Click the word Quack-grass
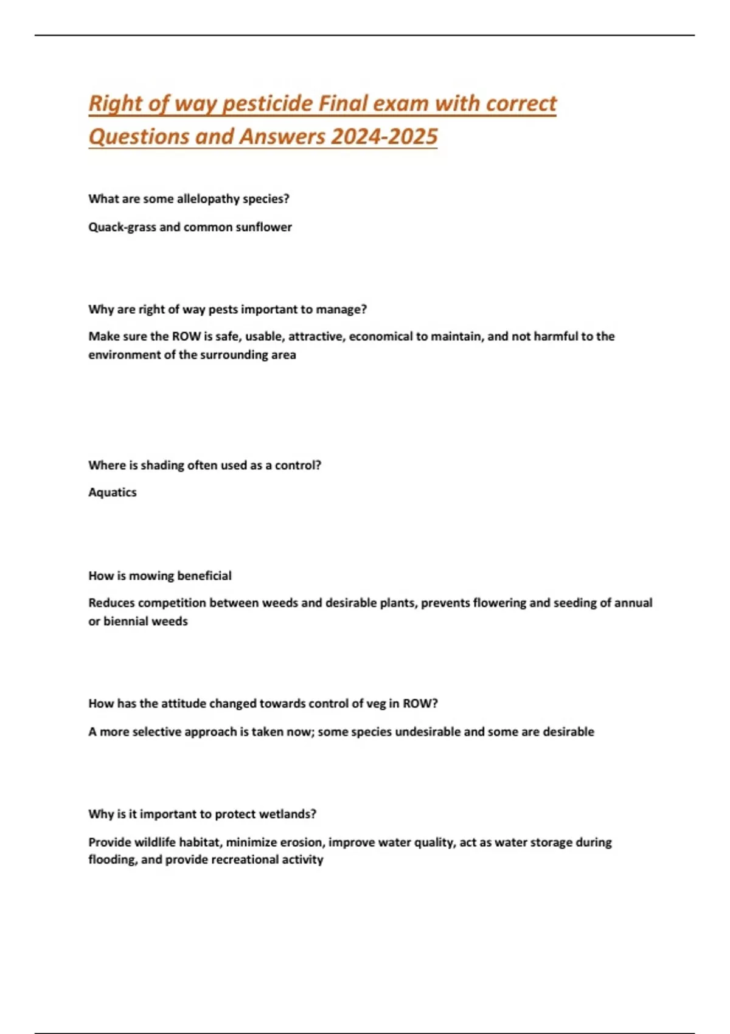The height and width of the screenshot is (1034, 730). pyautogui.click(x=122, y=227)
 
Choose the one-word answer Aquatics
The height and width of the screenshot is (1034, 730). pyautogui.click(x=113, y=492)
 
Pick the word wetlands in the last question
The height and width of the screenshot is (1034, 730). pyautogui.click(x=287, y=814)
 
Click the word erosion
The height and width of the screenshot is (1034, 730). pyautogui.click(x=302, y=842)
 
